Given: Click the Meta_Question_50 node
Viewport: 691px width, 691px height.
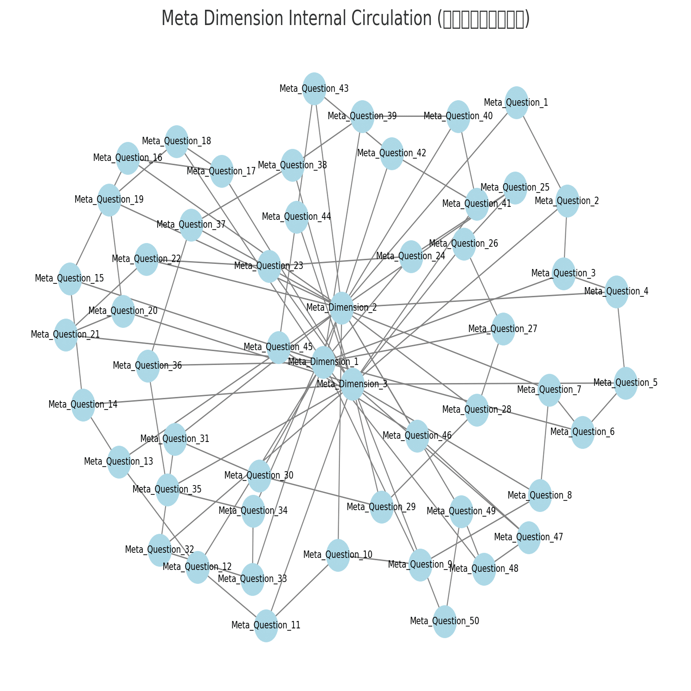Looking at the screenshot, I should point(444,621).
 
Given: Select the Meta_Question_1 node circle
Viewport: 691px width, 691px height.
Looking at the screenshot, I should point(517,102).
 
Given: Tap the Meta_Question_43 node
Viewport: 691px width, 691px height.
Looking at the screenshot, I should point(314,89).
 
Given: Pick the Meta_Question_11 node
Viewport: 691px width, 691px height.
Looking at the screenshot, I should point(266,626).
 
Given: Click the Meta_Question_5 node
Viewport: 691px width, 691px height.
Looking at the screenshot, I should point(626,383).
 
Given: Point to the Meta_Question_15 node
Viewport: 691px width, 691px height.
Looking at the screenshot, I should point(70,279).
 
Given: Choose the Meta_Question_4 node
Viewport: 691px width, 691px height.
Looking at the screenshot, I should point(616,292).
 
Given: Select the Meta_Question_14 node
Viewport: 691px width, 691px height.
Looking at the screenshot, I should point(83,405).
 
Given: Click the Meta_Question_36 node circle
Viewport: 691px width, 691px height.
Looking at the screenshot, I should point(148,366).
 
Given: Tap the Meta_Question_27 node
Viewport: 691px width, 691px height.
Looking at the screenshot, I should point(503,329).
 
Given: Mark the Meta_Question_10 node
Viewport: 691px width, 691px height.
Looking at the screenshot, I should point(338,555).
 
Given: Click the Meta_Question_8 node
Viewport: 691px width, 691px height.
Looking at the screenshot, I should point(540,496).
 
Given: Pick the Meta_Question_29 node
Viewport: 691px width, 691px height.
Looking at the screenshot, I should point(381,507).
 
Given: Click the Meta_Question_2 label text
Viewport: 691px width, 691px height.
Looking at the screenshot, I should point(567,201).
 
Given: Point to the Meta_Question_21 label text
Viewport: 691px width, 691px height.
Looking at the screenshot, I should point(65,334).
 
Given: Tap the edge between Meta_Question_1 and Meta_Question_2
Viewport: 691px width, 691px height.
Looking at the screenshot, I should point(542,151).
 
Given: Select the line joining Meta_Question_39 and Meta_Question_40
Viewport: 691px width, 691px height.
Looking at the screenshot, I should point(410,116).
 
